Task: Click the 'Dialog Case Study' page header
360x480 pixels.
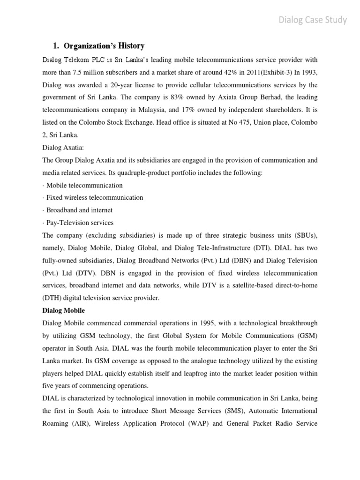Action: click(x=313, y=20)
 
